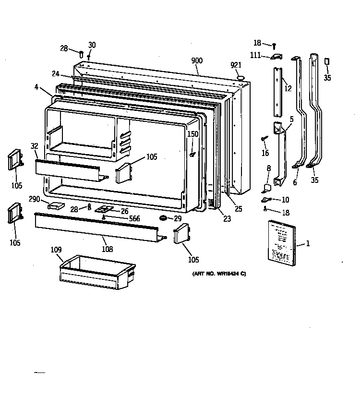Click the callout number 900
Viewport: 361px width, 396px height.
point(197,60)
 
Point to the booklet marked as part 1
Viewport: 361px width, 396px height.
point(282,242)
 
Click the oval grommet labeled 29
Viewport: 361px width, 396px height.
point(164,218)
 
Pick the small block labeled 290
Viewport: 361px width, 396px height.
point(56,205)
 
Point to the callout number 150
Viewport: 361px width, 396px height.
point(193,134)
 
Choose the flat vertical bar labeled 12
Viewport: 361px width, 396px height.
point(278,91)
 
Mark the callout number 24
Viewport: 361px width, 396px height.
point(56,73)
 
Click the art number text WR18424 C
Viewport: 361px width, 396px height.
point(219,274)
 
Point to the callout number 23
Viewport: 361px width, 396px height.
point(227,218)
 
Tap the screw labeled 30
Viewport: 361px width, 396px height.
point(89,58)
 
